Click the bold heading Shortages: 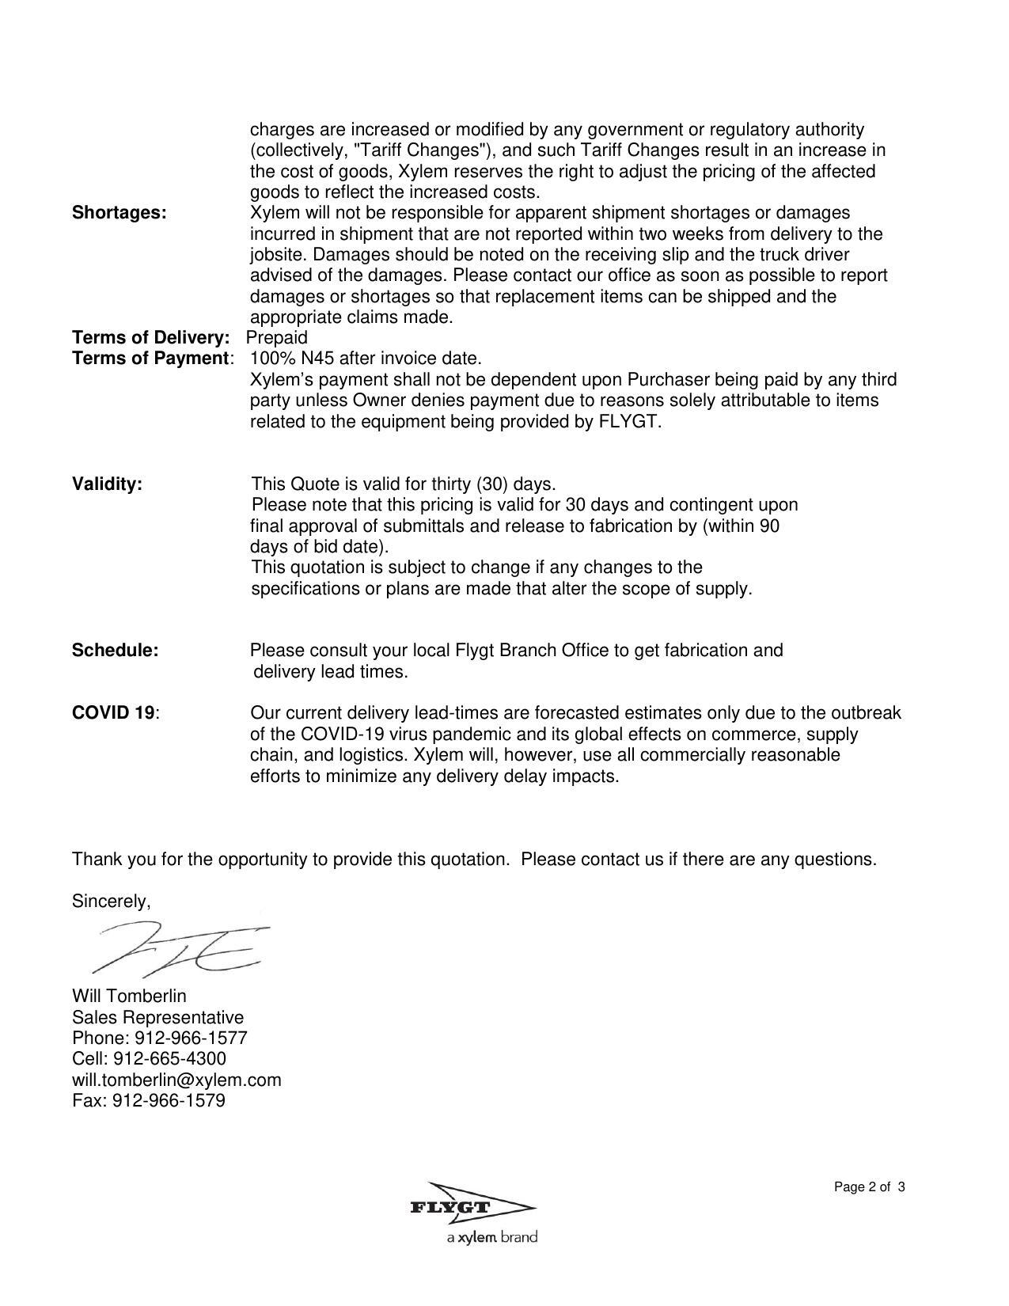point(119,213)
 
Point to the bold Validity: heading point(108,484)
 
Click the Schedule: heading point(116,651)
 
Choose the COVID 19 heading point(113,713)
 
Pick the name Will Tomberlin point(130,996)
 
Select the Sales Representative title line point(158,1017)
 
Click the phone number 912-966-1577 point(192,1038)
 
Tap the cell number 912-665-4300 point(170,1059)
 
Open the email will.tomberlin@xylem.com point(176,1080)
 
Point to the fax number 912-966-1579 point(169,1100)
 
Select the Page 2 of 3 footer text point(869,1187)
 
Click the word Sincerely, point(112,902)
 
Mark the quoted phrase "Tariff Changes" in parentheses point(418,150)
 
